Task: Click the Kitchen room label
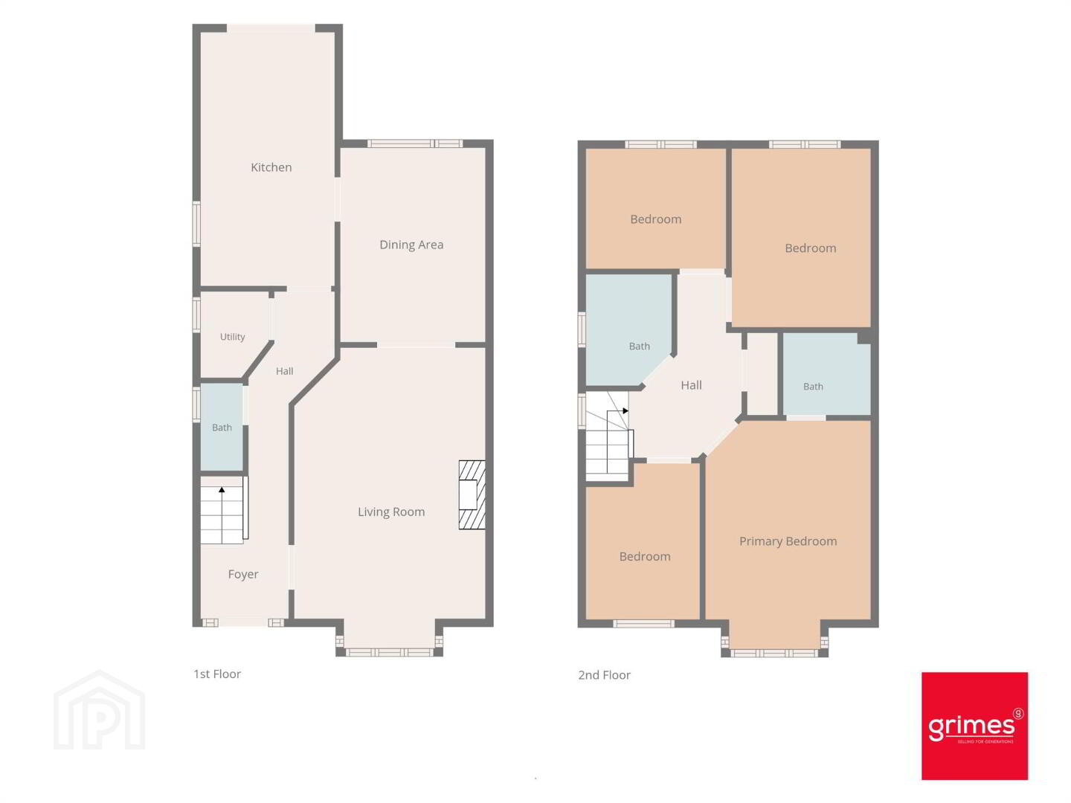click(x=271, y=167)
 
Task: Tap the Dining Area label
click(x=411, y=245)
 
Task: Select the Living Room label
click(x=391, y=512)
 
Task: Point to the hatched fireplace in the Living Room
click(x=472, y=495)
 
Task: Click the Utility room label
click(x=232, y=337)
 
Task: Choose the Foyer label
click(x=243, y=574)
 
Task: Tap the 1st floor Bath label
click(x=222, y=428)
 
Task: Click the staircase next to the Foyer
click(x=224, y=510)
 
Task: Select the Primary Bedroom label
click(x=788, y=541)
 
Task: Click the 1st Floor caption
click(x=217, y=674)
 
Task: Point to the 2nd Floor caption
click(x=604, y=675)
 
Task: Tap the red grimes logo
click(x=974, y=726)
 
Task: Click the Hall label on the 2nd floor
click(x=692, y=385)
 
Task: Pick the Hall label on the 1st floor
click(x=284, y=371)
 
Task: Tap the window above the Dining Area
click(x=415, y=143)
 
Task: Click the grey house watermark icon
click(x=100, y=710)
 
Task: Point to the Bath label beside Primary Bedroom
click(x=813, y=387)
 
